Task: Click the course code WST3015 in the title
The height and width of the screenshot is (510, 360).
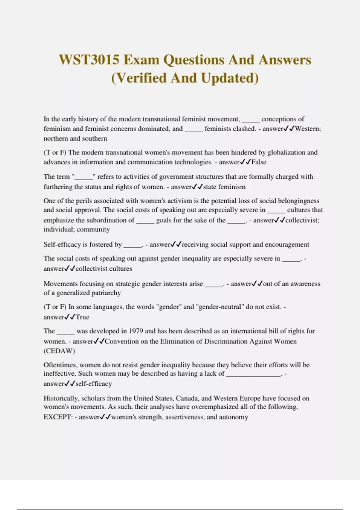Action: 89,60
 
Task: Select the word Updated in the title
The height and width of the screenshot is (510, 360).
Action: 229,78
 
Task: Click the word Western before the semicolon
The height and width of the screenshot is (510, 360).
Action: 307,129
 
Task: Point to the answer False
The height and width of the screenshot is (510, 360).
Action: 259,162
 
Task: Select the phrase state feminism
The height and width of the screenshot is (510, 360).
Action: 224,187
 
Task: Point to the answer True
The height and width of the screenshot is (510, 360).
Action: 82,317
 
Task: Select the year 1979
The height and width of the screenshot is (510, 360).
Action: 136,331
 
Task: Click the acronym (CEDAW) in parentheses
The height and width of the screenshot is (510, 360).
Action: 59,351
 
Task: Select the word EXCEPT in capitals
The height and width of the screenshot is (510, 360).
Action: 57,417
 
